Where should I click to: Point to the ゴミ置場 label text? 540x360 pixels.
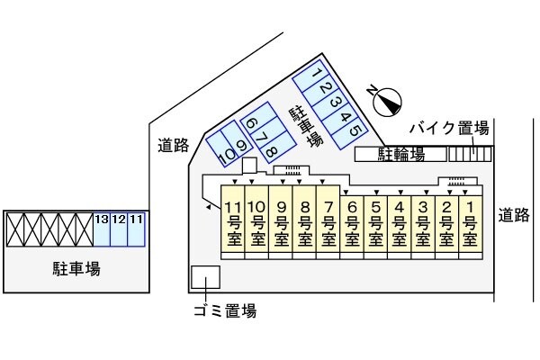(224, 311)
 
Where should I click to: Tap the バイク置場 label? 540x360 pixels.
(450, 127)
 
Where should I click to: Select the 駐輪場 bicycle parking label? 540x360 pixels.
(400, 154)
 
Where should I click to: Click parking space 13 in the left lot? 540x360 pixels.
(101, 230)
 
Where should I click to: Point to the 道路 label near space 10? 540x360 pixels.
(172, 144)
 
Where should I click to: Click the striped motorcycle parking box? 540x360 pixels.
(470, 154)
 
